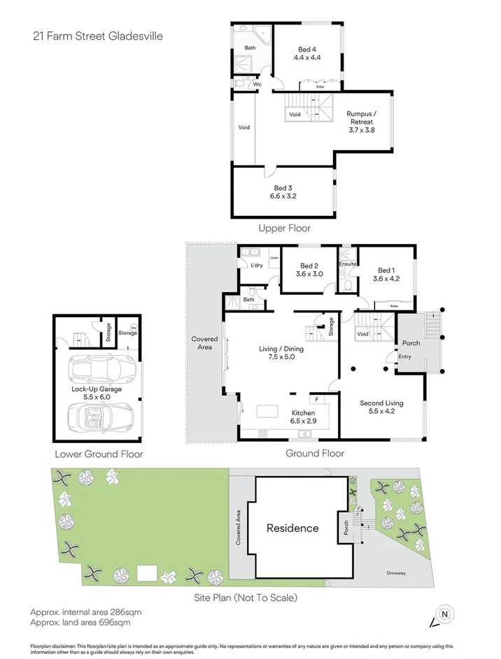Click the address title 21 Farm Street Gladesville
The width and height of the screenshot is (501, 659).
[97, 36]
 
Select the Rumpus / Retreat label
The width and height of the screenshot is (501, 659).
[361, 117]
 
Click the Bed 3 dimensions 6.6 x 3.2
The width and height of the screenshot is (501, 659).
[283, 197]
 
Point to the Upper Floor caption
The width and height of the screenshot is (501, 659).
[284, 228]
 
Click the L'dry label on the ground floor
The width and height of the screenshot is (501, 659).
[256, 265]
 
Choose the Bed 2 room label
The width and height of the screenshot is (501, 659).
[309, 266]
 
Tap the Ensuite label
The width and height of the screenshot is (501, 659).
[348, 264]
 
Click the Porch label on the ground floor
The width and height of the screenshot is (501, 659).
[410, 343]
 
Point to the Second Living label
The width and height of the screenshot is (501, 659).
[381, 403]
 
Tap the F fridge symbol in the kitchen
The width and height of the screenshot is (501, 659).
[317, 399]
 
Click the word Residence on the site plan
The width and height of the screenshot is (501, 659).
[292, 528]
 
